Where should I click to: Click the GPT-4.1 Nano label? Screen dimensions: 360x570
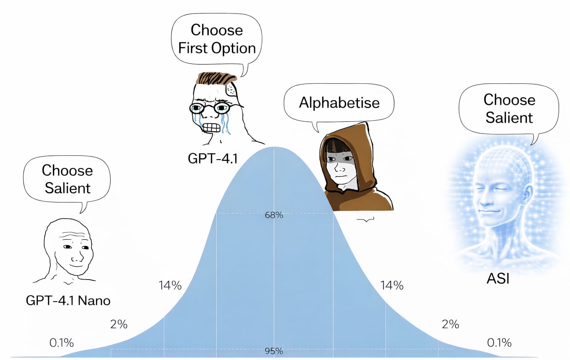[68, 301]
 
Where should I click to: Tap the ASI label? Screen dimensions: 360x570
[498, 278]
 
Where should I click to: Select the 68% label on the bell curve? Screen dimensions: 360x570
[274, 215]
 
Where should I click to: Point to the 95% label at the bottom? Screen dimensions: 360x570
[274, 351]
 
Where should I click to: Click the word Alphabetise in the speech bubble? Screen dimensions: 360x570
[339, 102]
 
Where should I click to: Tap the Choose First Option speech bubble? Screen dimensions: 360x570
[217, 39]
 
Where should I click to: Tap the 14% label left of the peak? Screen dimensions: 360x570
[170, 285]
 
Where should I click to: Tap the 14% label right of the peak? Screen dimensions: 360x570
[392, 285]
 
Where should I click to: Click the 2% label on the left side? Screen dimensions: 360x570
[119, 324]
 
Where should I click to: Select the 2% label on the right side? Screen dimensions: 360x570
[450, 324]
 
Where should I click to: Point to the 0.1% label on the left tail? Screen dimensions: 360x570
[61, 342]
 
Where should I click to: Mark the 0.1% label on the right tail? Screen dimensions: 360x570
[499, 342]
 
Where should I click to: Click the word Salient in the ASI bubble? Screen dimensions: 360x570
[509, 117]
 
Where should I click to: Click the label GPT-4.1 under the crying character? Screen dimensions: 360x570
[213, 159]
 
